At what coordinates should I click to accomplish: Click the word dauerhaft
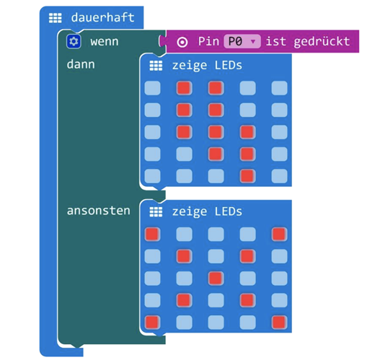[102, 17]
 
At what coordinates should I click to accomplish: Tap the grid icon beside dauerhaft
[56, 18]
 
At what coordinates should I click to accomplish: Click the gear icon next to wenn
[74, 42]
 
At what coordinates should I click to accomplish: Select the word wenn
[105, 42]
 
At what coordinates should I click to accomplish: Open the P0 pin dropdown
[242, 41]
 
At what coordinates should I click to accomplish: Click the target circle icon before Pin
[182, 43]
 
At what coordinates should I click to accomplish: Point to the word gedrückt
[322, 41]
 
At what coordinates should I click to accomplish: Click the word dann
[81, 64]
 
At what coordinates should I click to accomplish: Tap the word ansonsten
[99, 211]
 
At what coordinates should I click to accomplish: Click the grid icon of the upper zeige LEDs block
[156, 66]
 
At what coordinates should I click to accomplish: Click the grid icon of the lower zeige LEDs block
[156, 212]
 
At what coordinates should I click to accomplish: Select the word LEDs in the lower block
[229, 211]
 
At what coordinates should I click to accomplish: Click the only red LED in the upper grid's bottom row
[247, 176]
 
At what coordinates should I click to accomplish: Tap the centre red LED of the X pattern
[216, 278]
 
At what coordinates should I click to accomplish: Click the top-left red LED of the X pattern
[152, 234]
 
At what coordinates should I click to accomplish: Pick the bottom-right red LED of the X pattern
[279, 322]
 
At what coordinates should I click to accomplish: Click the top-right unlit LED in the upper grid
[279, 88]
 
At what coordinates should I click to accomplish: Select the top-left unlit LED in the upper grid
[152, 88]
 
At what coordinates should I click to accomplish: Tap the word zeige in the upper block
[190, 66]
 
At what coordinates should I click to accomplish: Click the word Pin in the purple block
[208, 41]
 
